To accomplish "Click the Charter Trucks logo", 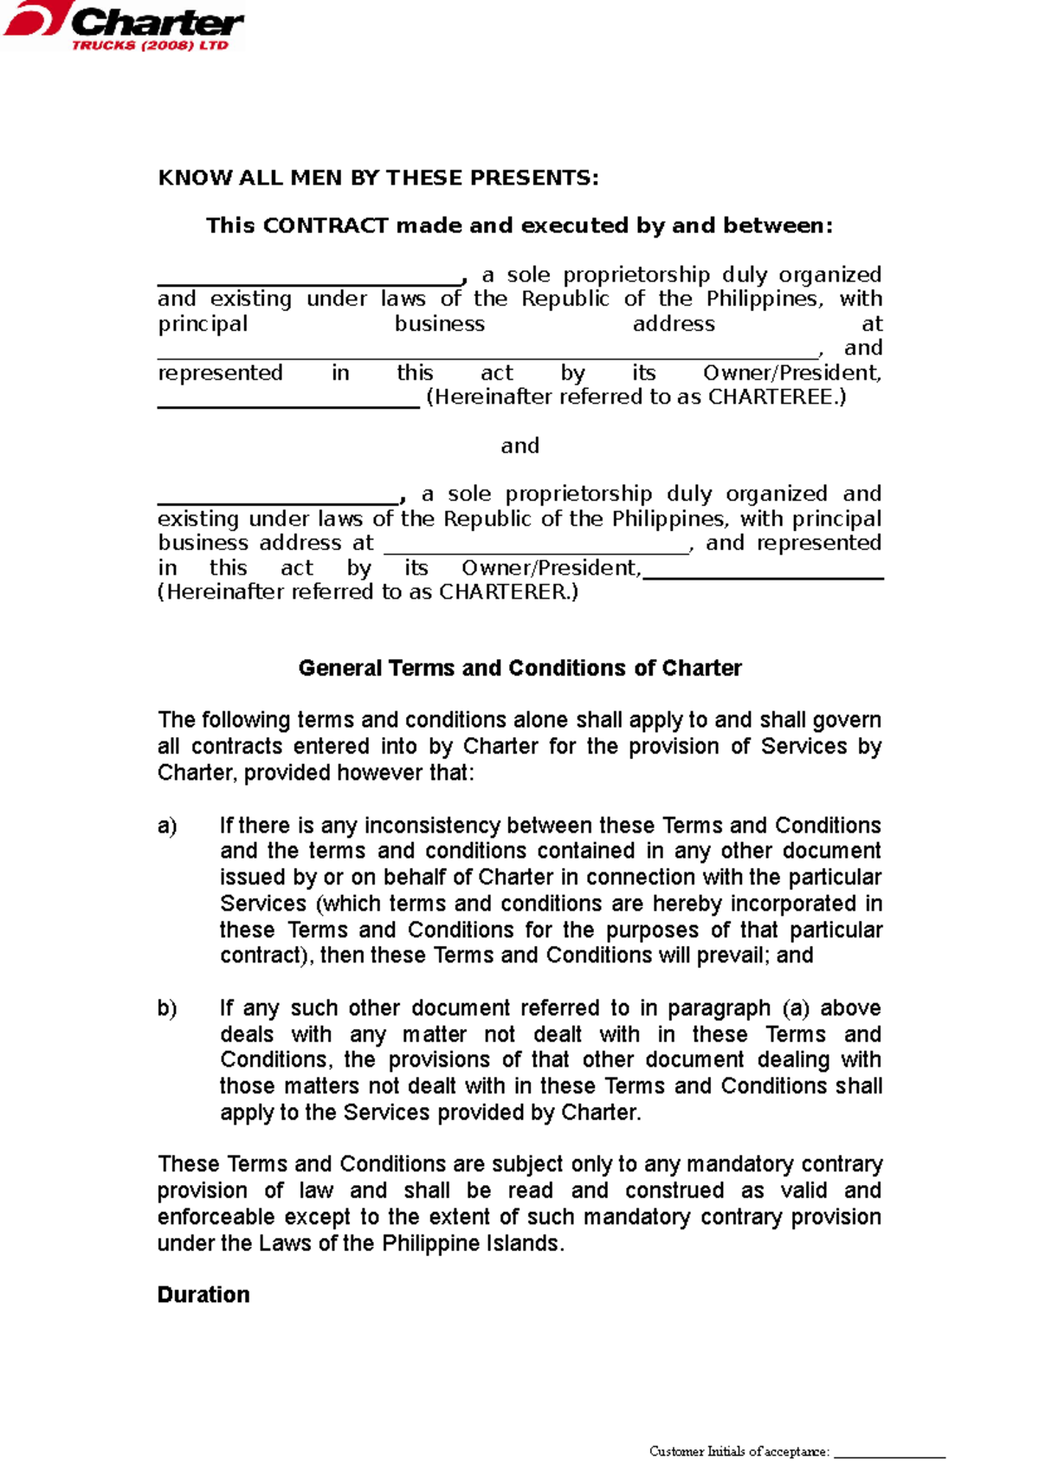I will click(123, 27).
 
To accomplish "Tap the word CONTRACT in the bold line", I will click(325, 226).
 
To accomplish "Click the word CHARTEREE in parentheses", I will click(771, 398).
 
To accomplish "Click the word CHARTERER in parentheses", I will click(503, 593).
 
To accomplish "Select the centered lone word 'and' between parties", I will click(519, 446).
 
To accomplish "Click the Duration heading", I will click(203, 1295).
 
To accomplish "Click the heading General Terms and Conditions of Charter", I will click(519, 669).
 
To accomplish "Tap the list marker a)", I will click(167, 826).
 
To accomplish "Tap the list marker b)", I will click(167, 1008).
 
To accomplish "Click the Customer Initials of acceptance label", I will click(739, 1451).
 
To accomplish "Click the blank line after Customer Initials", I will click(889, 1454).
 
